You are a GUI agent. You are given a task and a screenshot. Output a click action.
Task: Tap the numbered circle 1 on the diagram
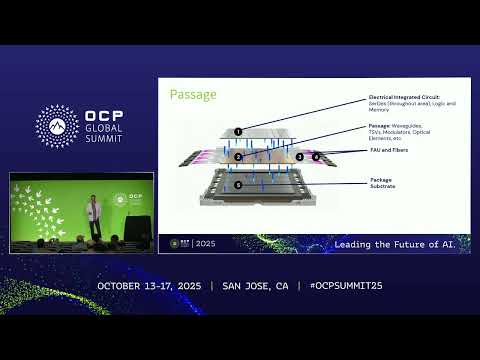(238, 131)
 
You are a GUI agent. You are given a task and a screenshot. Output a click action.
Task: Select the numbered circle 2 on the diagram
(238, 157)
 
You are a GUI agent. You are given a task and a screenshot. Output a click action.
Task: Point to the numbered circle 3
(299, 157)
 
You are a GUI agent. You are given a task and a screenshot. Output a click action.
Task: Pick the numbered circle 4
(316, 157)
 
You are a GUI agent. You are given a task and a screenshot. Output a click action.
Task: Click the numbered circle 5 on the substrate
(238, 185)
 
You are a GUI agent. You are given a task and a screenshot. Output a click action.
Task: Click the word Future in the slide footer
(403, 243)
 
